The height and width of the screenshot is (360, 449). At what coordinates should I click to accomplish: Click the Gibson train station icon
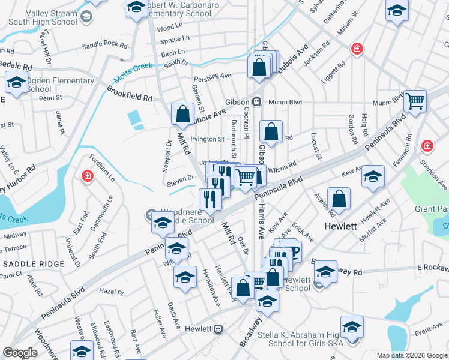[256, 102]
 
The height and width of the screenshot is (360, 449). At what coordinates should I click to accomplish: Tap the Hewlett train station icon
[218, 329]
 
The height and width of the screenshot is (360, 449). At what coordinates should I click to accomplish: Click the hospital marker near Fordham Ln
[88, 176]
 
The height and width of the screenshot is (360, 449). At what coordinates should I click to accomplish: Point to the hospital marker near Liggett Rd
[357, 49]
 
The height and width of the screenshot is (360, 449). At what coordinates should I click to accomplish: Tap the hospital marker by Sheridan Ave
[427, 146]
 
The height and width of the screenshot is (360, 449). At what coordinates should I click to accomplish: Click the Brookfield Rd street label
[130, 93]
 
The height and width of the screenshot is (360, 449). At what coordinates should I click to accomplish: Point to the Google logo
[20, 352]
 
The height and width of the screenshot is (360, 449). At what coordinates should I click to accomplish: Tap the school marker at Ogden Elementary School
[16, 83]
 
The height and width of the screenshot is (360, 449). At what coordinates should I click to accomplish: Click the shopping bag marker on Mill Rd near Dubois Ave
[182, 113]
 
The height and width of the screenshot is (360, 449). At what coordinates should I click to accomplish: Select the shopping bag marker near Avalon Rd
[339, 200]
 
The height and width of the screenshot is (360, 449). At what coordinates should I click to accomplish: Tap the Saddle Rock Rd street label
[105, 45]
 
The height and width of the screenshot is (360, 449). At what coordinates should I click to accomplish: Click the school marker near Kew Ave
[373, 177]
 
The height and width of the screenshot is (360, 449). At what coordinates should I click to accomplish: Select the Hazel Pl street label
[111, 292]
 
